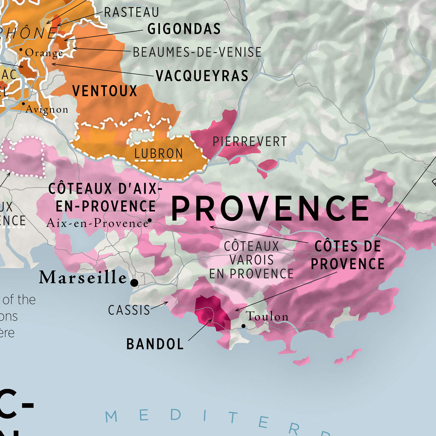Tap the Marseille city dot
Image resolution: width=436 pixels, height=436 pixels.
pyautogui.click(x=134, y=283)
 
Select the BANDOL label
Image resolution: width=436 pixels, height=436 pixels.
pyautogui.click(x=155, y=344)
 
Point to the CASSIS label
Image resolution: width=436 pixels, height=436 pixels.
pyautogui.click(x=129, y=310)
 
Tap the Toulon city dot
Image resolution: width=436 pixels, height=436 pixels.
pyautogui.click(x=243, y=326)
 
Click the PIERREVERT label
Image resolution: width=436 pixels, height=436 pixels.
pyautogui.click(x=250, y=141)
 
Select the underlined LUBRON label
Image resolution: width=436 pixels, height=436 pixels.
pyautogui.click(x=159, y=154)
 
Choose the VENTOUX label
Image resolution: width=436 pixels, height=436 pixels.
pyautogui.click(x=105, y=91)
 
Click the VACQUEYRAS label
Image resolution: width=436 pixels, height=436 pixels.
pyautogui.click(x=202, y=76)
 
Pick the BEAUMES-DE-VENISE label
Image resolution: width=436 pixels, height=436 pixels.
pyautogui.click(x=197, y=52)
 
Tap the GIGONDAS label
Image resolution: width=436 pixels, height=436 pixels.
pyautogui.click(x=184, y=29)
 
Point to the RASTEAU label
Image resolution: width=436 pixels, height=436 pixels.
pyautogui.click(x=132, y=12)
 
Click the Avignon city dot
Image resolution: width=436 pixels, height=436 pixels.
pyautogui.click(x=24, y=104)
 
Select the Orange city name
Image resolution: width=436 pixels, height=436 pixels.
pyautogui.click(x=44, y=53)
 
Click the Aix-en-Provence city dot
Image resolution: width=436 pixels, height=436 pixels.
pyautogui.click(x=149, y=220)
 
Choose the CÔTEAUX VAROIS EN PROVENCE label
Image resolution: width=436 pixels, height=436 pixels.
pyautogui.click(x=251, y=260)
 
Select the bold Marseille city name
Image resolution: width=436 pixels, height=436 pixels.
pyautogui.click(x=83, y=278)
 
